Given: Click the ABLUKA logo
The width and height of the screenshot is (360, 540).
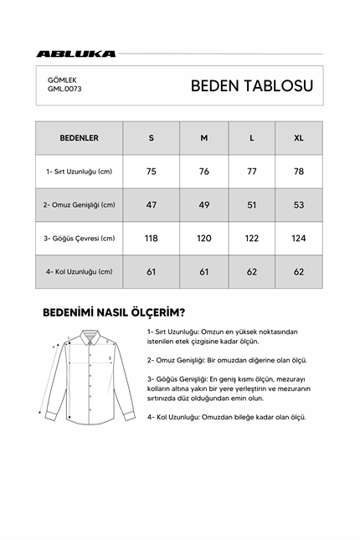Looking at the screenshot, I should [76, 54].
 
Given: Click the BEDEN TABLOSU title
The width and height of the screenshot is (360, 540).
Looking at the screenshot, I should [251, 85].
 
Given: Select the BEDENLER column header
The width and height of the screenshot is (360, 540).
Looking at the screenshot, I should [80, 138].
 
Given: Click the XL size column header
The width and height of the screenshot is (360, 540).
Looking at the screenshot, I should [298, 138].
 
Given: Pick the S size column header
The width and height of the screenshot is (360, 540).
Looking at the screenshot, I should [152, 138].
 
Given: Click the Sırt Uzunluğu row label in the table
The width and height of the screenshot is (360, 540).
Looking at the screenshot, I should [80, 172].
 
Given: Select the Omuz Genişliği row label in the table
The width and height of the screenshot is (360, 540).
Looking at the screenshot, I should [80, 205].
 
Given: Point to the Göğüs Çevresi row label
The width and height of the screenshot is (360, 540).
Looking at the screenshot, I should [80, 239].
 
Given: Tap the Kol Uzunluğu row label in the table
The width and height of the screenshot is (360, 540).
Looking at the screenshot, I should [80, 272].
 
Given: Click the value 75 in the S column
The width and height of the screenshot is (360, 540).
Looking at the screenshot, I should [152, 172].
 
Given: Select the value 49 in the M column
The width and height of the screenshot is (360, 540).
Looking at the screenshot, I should [203, 205].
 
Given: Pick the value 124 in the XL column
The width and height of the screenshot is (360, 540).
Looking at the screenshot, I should [298, 239].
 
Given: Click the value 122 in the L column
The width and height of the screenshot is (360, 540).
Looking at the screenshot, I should [251, 239].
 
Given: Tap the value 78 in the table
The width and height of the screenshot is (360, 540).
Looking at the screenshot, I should [298, 172].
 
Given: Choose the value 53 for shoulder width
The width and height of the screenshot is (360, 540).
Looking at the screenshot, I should [298, 205].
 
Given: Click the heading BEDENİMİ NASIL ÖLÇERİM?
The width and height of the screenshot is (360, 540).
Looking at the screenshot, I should [113, 313].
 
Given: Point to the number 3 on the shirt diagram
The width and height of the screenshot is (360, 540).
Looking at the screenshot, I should [109, 358].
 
